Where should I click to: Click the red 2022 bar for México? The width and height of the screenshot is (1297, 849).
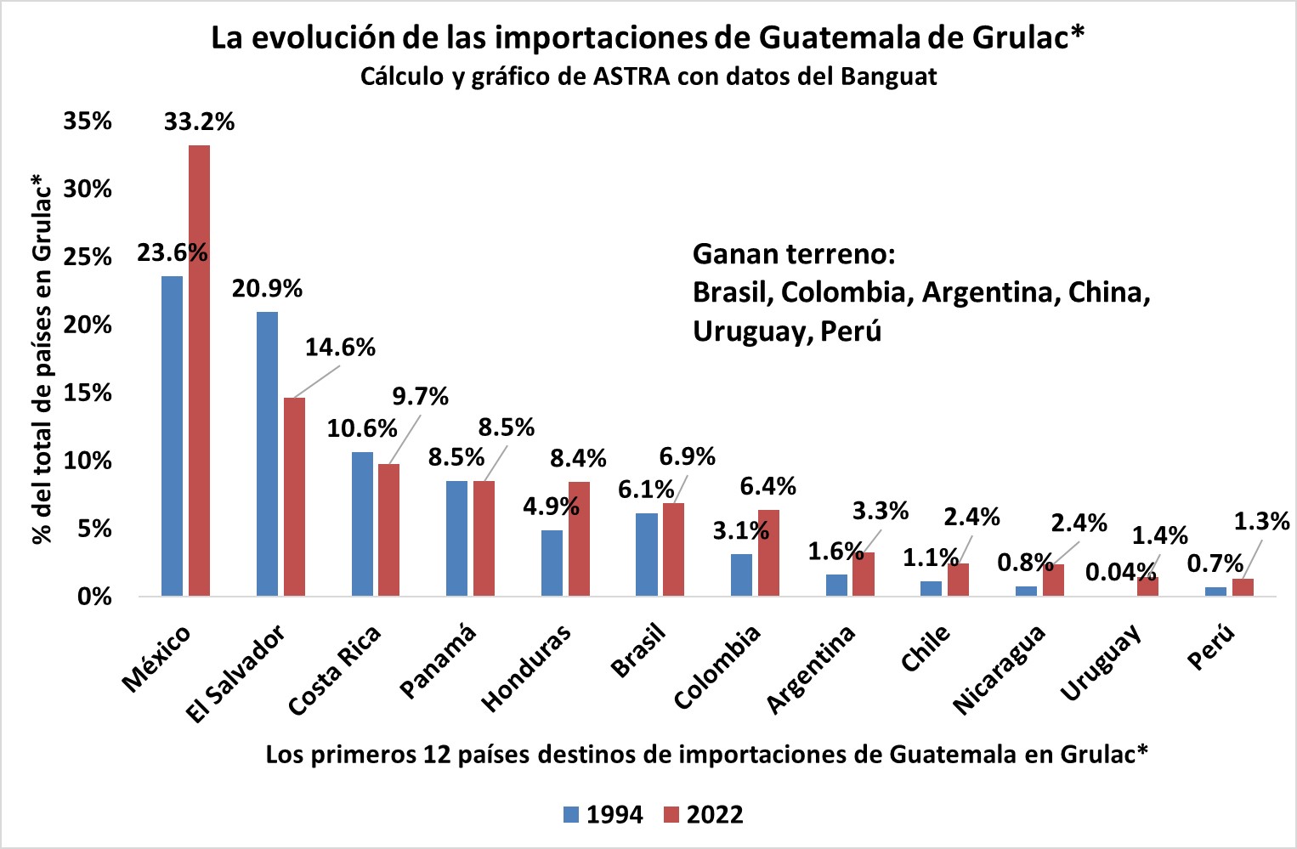tap(199, 371)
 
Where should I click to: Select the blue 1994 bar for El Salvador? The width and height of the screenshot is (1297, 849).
tap(267, 454)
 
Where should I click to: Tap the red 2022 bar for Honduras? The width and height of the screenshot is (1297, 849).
tap(579, 539)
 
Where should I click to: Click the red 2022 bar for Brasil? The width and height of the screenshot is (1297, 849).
tap(673, 549)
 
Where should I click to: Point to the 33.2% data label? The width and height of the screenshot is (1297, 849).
tap(199, 122)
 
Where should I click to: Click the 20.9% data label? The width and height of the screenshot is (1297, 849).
tap(267, 289)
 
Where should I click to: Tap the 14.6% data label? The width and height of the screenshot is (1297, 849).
tap(340, 348)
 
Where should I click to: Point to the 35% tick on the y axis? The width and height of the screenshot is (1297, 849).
tap(88, 121)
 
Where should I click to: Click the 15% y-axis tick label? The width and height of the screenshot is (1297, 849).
tap(88, 393)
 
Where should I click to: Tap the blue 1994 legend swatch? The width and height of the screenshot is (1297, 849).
tap(571, 815)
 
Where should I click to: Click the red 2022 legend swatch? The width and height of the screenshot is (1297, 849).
tap(671, 815)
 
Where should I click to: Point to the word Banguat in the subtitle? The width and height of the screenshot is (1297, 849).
tap(888, 76)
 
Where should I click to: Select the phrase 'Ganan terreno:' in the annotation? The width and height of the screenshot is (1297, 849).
tap(794, 254)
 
